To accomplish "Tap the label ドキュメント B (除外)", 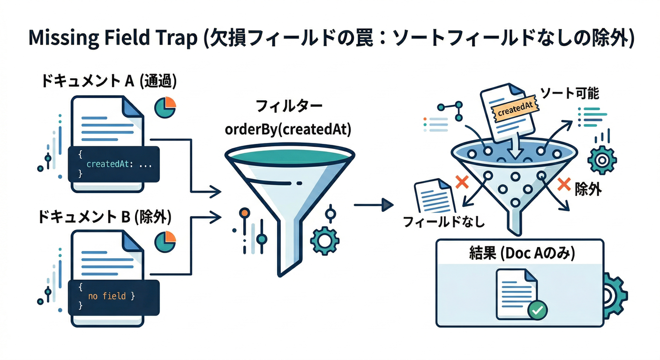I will click(106, 217).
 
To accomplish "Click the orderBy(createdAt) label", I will click(288, 129).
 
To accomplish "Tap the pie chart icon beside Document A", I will click(165, 107).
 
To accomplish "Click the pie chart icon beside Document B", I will click(165, 241).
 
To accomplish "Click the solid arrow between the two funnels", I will click(373, 204).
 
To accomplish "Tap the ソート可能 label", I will click(570, 93).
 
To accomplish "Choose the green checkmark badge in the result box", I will click(537, 309).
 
